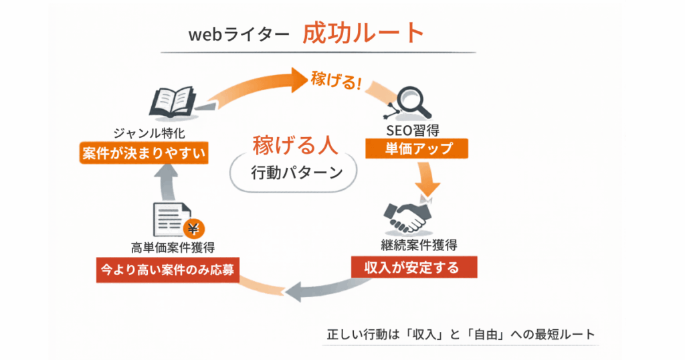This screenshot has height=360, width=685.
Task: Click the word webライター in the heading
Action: [239, 35]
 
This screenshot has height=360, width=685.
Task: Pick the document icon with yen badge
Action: [175, 219]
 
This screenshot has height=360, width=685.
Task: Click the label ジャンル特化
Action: [145, 132]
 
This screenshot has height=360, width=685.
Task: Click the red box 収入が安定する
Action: [414, 268]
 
